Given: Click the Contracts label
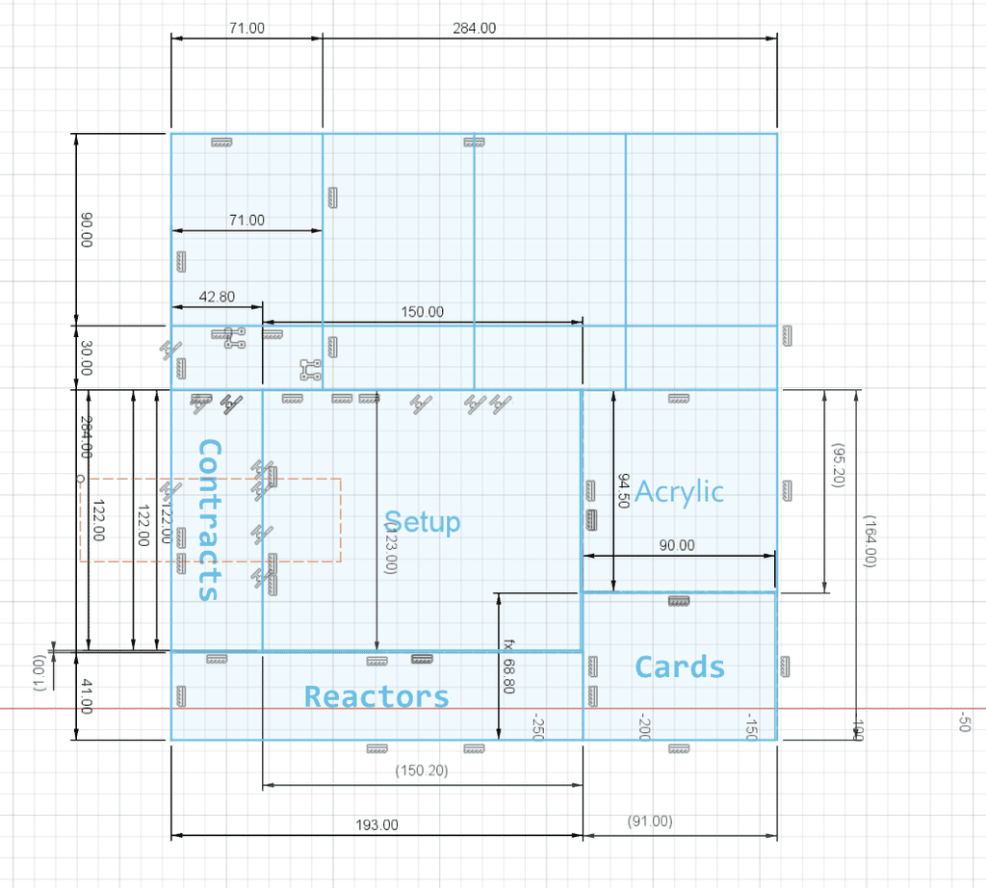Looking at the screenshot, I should pyautogui.click(x=209, y=520).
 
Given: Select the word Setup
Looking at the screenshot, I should pyautogui.click(x=422, y=522).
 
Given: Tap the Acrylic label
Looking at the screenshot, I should pyautogui.click(x=679, y=491).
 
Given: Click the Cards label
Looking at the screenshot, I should pyautogui.click(x=680, y=666).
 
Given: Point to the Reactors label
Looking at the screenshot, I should pyautogui.click(x=376, y=696).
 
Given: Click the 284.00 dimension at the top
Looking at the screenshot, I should pyautogui.click(x=474, y=28).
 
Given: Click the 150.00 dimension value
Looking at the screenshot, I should pyautogui.click(x=422, y=311).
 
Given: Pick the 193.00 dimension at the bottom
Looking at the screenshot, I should pyautogui.click(x=376, y=825).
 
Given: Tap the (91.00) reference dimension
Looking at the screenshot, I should pyautogui.click(x=650, y=822).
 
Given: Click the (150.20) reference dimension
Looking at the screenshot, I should pyautogui.click(x=422, y=770).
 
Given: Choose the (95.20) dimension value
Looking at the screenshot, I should pyautogui.click(x=838, y=466).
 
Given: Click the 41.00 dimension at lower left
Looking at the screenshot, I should pyautogui.click(x=85, y=696).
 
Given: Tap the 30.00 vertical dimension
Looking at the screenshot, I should pyautogui.click(x=86, y=360).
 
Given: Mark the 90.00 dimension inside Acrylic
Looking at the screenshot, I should pyautogui.click(x=676, y=545).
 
